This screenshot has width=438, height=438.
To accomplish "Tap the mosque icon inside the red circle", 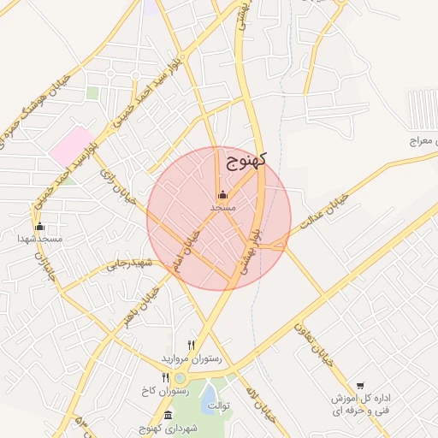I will click(222, 194).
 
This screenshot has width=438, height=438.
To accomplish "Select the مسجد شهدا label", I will click(40, 239).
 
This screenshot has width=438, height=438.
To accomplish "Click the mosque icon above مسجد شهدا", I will click(39, 226).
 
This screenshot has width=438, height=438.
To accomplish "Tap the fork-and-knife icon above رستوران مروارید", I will click(191, 346).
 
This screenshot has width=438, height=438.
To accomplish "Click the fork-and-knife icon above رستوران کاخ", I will click(166, 377).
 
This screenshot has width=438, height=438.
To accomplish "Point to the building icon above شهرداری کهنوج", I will click(153, 414).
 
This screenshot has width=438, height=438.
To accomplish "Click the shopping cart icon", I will click(361, 386).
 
